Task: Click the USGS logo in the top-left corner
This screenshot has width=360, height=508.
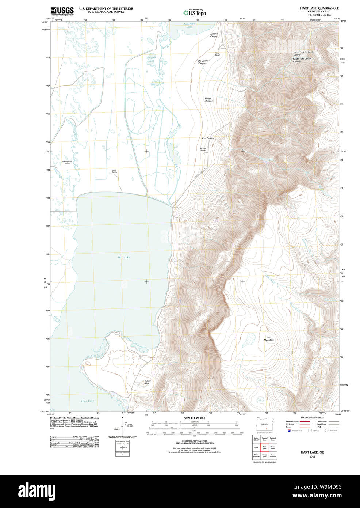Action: click(62, 11)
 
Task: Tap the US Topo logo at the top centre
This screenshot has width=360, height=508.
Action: click(195, 12)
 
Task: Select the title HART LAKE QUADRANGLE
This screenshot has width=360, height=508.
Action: click(319, 8)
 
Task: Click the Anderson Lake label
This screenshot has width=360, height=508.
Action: click(189, 25)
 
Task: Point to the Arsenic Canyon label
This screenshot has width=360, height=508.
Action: click(214, 35)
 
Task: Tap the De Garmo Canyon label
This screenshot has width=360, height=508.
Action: click(203, 62)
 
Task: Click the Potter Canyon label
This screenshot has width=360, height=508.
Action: click(208, 99)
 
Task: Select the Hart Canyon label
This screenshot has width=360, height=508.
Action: click(208, 139)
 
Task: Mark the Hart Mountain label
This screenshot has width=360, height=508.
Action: click(269, 338)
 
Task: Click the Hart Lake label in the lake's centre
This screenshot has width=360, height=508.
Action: click(124, 257)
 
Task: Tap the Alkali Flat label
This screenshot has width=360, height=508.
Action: click(147, 382)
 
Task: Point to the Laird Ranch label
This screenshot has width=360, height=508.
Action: click(114, 171)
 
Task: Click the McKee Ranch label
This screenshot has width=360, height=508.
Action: click(203, 149)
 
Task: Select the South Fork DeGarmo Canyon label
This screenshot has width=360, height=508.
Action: click(303, 60)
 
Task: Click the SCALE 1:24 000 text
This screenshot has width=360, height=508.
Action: click(194, 418)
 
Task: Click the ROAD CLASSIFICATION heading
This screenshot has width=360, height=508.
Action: click(312, 418)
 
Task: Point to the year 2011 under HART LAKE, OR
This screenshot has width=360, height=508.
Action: click(312, 456)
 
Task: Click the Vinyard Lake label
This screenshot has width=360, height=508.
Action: click(151, 59)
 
